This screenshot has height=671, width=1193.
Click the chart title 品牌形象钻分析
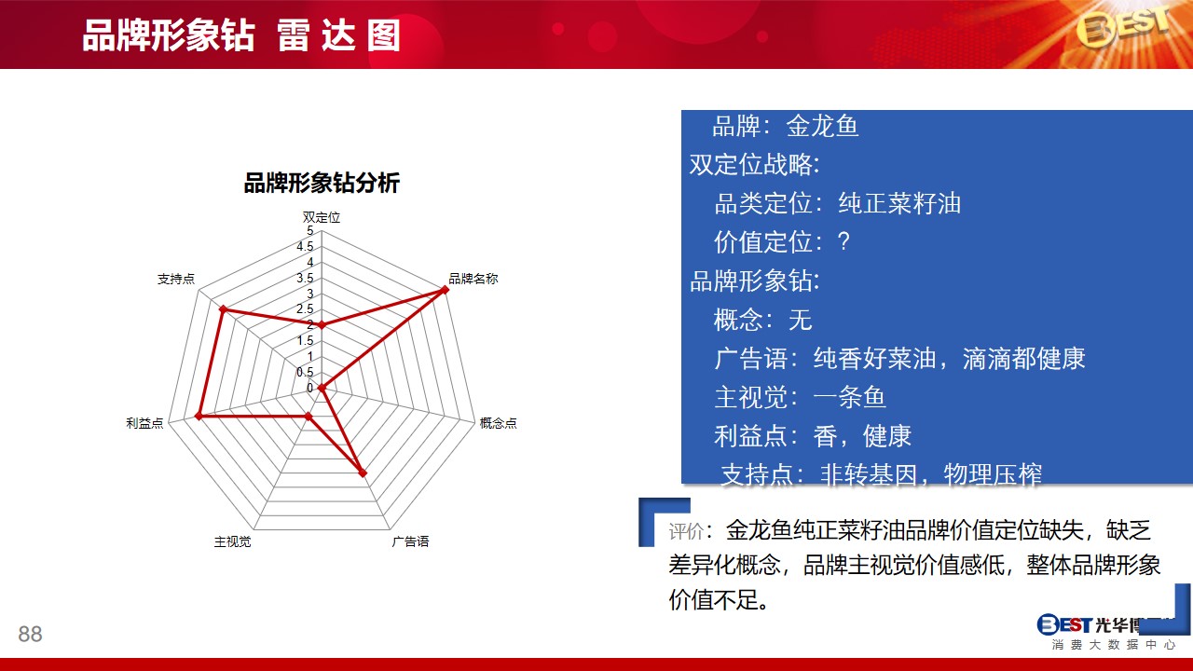point(322,184)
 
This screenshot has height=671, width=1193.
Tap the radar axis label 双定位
point(322,217)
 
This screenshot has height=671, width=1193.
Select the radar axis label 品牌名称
point(473,279)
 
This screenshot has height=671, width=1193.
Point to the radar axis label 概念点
point(498,423)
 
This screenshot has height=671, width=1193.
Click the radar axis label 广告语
point(410,541)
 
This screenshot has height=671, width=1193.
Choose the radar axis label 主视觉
point(232,541)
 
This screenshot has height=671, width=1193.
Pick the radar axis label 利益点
point(144,423)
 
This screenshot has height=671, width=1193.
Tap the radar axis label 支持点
point(176,279)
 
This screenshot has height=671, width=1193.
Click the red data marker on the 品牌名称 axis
point(445,290)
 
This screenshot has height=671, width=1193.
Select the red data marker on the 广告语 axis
point(363,472)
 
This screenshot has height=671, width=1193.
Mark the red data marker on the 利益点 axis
point(199,417)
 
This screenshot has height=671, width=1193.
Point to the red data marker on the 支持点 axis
point(223,309)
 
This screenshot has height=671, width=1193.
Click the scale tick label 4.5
point(305,247)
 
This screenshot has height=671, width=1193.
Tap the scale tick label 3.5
point(305,278)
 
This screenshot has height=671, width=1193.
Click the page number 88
point(30,634)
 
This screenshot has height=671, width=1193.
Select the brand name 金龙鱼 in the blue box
point(822,126)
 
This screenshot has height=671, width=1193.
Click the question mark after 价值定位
point(843,241)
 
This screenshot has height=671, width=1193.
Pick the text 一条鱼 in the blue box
point(849,397)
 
